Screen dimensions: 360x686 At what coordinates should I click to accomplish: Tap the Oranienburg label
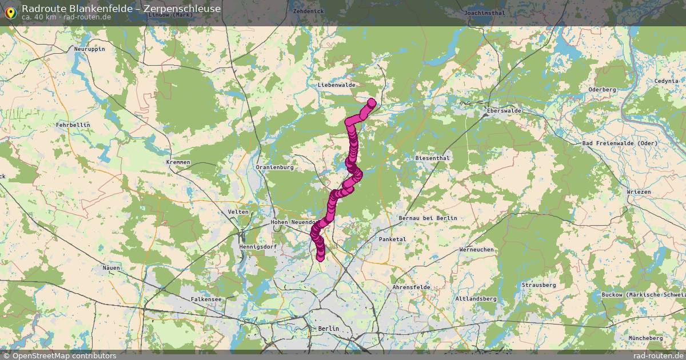coord(274,167)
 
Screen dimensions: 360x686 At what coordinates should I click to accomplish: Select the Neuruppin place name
coord(90,49)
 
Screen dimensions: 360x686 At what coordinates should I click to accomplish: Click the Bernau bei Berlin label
coord(428,218)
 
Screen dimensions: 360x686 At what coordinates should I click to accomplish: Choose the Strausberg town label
coord(539,285)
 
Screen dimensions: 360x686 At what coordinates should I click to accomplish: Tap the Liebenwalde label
coord(336,85)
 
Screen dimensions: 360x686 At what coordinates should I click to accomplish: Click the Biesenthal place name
coord(433,158)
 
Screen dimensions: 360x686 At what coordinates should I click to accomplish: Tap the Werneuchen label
coord(477,250)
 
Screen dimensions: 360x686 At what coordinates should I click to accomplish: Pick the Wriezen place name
coord(639,192)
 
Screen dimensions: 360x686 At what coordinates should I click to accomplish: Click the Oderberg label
coord(602,90)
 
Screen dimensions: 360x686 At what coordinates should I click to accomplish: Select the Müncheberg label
coord(645,338)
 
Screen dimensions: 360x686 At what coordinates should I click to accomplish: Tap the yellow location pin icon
coord(10,11)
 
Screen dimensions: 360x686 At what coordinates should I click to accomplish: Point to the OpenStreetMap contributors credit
coord(64,355)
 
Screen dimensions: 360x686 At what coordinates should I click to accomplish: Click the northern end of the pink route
coord(372,103)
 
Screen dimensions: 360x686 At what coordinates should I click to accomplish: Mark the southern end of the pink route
coord(321,258)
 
